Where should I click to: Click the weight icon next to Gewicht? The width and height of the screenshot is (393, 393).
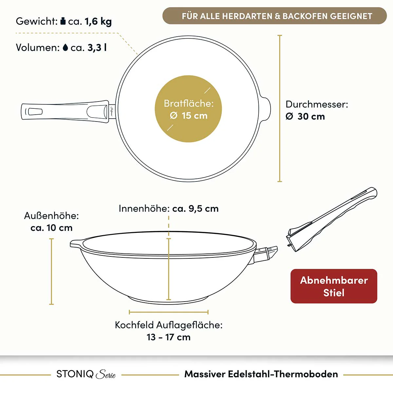pyautogui.click(x=63, y=21)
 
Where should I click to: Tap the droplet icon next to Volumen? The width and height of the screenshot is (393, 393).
pyautogui.click(x=65, y=47)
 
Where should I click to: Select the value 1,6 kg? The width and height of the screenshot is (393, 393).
pyautogui.click(x=98, y=22)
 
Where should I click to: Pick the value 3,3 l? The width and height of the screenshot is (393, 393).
pyautogui.click(x=97, y=48)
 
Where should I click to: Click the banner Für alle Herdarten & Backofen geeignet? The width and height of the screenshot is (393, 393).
pyautogui.click(x=274, y=16)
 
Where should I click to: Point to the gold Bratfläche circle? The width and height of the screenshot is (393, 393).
pyautogui.click(x=188, y=109)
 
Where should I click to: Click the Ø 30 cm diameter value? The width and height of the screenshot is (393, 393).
pyautogui.click(x=305, y=117)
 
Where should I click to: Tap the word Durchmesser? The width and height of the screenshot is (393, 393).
pyautogui.click(x=317, y=104)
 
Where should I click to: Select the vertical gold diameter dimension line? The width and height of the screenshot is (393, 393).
pyautogui.click(x=280, y=108)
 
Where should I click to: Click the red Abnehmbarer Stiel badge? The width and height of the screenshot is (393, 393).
pyautogui.click(x=334, y=286)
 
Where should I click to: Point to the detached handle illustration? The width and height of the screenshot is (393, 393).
pyautogui.click(x=332, y=219)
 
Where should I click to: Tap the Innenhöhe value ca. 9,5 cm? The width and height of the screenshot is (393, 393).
pyautogui.click(x=196, y=209)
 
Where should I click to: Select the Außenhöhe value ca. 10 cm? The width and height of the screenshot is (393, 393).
pyautogui.click(x=51, y=228)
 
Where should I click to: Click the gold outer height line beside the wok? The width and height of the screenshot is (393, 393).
pyautogui.click(x=51, y=271)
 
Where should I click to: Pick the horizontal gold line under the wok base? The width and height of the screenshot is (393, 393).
pyautogui.click(x=169, y=312)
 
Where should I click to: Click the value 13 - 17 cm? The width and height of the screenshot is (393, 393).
pyautogui.click(x=169, y=337)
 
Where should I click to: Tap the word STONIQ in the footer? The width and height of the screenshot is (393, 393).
pyautogui.click(x=75, y=374)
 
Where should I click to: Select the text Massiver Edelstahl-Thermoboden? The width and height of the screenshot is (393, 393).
pyautogui.click(x=261, y=374)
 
